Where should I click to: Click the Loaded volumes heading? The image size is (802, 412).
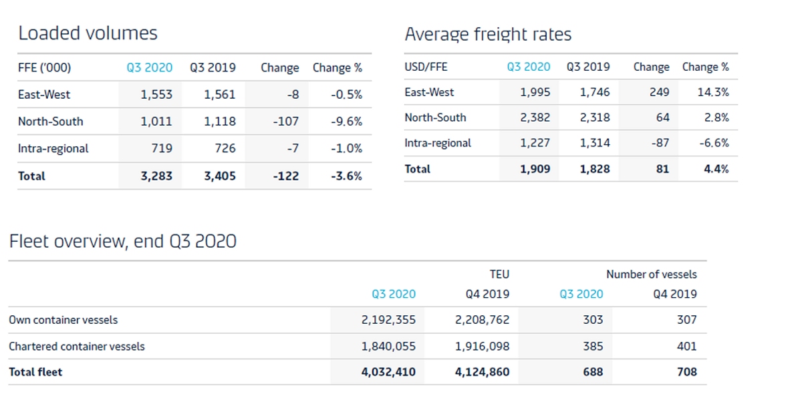[88, 33]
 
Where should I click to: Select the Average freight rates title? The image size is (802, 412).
[488, 34]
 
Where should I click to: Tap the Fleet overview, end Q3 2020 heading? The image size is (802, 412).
[122, 241]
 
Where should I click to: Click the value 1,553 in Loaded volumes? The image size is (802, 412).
[156, 95]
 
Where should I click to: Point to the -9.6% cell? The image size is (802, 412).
[346, 122]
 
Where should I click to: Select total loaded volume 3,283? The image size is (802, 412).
[156, 176]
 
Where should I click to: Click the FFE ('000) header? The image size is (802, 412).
[44, 67]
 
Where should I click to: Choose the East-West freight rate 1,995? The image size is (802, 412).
[535, 92]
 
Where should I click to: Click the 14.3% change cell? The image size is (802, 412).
[713, 92]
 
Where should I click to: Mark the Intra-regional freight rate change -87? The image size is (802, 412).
[655, 143]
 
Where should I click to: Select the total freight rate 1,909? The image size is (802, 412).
[535, 169]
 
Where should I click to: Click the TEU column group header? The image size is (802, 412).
[499, 274]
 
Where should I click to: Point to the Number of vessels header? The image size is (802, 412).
[651, 274]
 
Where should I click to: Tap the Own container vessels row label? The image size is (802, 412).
[63, 320]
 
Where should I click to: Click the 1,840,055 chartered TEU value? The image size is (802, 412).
[388, 346]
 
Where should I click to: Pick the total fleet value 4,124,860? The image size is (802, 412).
[482, 372]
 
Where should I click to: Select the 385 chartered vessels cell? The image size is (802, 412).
[592, 346]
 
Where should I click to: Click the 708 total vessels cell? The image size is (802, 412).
[686, 372]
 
